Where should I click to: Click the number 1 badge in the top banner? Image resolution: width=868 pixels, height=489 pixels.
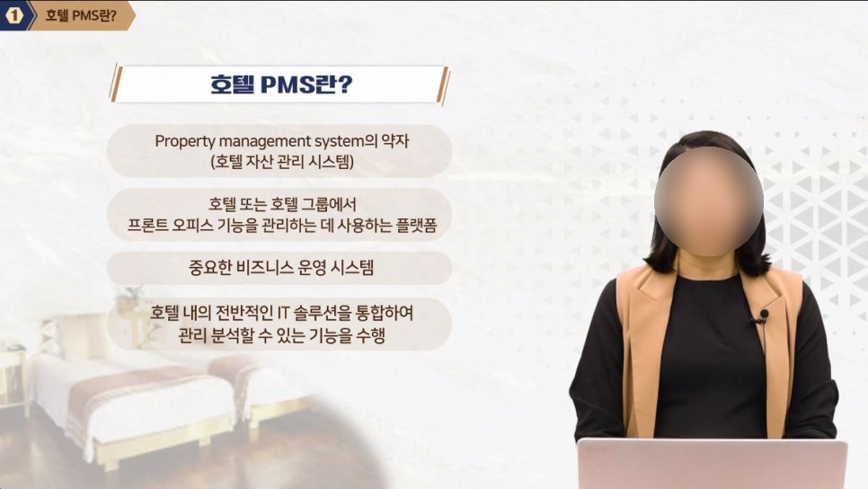click(13, 15)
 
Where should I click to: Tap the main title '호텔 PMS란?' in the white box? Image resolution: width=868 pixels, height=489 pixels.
click(281, 84)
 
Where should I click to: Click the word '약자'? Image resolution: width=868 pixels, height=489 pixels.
click(395, 140)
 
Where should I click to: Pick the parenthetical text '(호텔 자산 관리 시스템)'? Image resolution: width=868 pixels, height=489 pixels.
click(282, 162)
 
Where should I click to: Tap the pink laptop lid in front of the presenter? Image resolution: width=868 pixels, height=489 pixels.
click(712, 464)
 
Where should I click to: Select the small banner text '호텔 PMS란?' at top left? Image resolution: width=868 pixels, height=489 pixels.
click(81, 15)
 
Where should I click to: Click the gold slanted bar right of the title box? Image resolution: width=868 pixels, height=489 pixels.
click(442, 85)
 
